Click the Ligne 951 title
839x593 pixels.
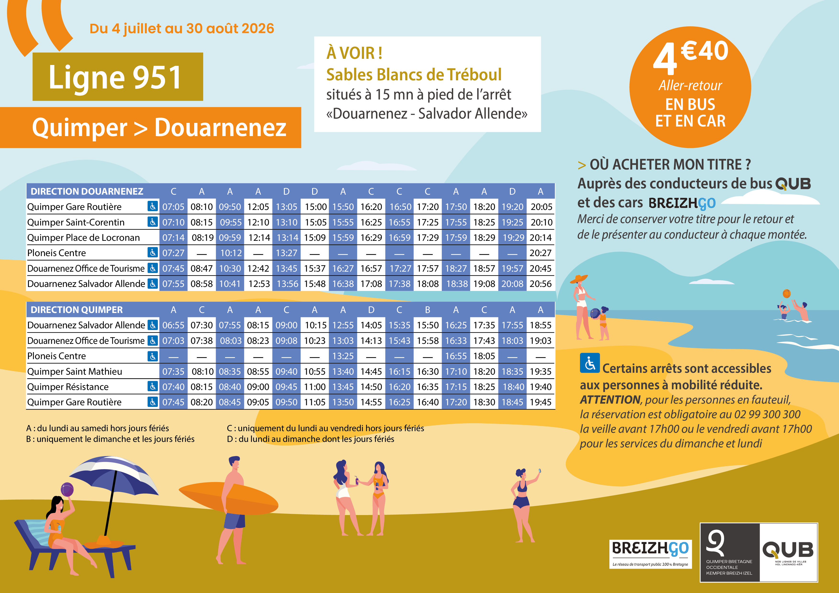[x=115, y=77]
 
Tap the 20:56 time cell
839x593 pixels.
[x=541, y=284]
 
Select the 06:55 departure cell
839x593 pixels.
[x=173, y=325]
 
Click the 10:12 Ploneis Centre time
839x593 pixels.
[x=231, y=253]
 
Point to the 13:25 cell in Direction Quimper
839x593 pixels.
[x=343, y=356]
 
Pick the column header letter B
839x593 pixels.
[x=428, y=310]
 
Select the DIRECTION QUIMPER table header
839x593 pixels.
[x=77, y=310]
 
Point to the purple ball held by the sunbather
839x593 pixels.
[x=67, y=489]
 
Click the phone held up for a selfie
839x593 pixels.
[x=539, y=471]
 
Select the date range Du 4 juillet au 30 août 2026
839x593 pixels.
[x=182, y=28]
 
